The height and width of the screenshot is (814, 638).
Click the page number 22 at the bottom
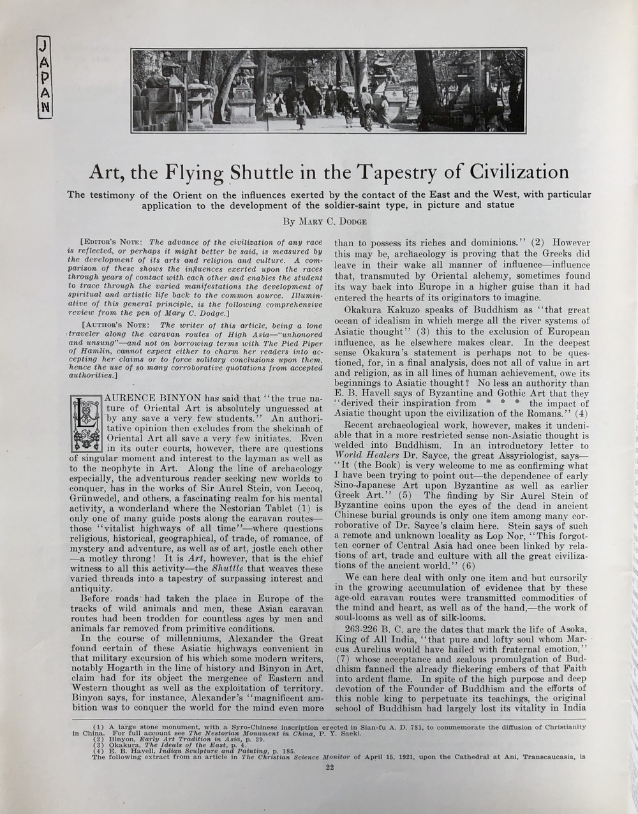coord(330,768)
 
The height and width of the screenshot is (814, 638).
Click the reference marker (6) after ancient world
coord(469,565)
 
